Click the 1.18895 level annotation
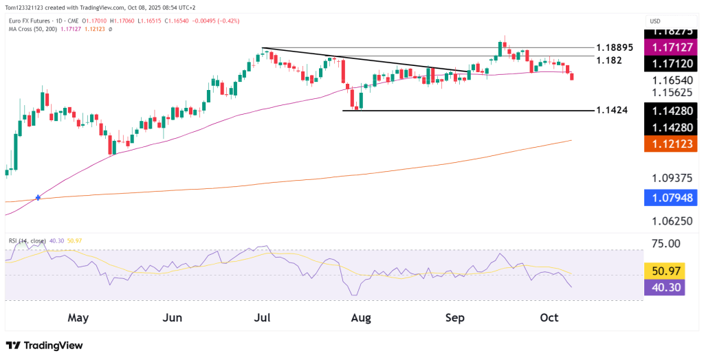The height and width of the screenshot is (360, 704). [615, 47]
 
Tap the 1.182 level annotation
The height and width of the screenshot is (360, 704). [609, 60]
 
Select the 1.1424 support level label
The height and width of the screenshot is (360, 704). [612, 110]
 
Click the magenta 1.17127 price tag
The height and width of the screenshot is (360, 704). [672, 47]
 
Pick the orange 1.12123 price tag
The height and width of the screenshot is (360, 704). [672, 144]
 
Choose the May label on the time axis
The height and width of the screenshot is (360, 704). [78, 317]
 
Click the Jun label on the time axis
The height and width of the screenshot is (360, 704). [173, 317]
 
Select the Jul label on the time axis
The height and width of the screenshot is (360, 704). [262, 317]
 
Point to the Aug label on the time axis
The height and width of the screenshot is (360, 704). [360, 317]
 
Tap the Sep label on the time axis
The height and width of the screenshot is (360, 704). [455, 317]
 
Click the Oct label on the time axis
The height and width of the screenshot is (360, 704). [548, 317]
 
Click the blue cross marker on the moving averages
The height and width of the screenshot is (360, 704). [38, 197]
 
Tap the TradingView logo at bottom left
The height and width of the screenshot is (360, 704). [44, 345]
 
